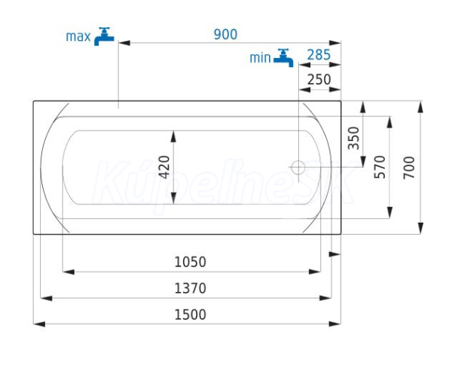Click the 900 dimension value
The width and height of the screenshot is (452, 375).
coord(225,34)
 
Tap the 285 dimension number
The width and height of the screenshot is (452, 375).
coord(319,54)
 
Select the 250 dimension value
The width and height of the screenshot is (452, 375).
coord(319,79)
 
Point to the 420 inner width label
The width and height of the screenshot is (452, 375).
coord(164,168)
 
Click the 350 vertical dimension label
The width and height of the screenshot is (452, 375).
coord(354,138)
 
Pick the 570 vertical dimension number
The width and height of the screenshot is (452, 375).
coord(380,168)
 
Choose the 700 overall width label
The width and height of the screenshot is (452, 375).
coord(409,168)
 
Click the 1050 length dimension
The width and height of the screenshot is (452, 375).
coord(191,262)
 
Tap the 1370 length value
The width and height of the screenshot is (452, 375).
coord(191,288)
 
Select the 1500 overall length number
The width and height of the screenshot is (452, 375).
coord(191,315)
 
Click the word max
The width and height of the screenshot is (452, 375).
coord(78,37)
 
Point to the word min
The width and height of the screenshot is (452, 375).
coord(260,58)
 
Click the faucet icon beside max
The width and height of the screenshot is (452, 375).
coord(104,37)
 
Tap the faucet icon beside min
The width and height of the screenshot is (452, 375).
coord(283,58)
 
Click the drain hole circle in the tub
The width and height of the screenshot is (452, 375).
coord(298,168)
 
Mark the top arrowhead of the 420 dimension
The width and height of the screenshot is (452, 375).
coord(173,137)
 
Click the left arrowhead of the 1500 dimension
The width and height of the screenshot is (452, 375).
coord(39,324)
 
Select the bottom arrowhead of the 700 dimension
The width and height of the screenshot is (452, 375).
coord(421,228)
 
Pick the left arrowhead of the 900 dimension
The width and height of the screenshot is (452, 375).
coord(124,43)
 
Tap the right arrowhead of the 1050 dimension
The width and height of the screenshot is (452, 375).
coord(314,272)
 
